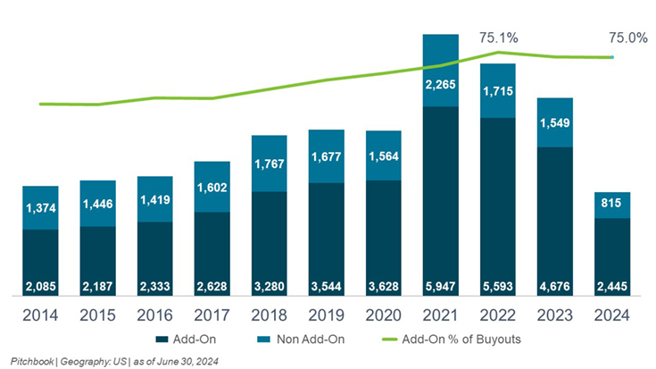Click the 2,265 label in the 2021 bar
(x=441, y=85)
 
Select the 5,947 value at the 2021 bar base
(x=441, y=289)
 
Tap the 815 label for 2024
(x=612, y=204)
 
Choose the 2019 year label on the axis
(x=327, y=314)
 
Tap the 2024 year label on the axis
(x=612, y=314)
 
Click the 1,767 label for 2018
(x=270, y=164)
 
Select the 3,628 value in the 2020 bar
(x=384, y=289)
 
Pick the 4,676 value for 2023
(x=555, y=289)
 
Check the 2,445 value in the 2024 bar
(x=612, y=289)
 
